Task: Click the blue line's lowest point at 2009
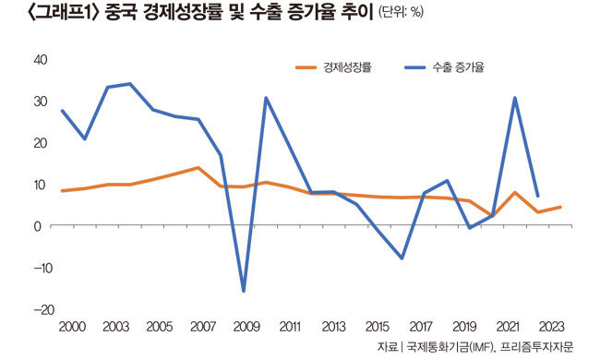244,291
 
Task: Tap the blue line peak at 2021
515,98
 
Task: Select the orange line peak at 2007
198,168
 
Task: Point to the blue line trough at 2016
402,258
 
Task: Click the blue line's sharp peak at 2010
266,98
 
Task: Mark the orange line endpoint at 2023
560,207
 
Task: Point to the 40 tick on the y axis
41,60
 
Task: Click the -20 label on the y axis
44,309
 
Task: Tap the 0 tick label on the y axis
37,226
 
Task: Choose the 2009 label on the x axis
246,327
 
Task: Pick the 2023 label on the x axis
551,327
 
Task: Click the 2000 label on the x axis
72,327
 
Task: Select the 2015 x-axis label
378,327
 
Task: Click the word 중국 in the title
120,13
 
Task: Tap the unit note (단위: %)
401,13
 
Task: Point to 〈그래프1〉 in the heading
64,13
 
